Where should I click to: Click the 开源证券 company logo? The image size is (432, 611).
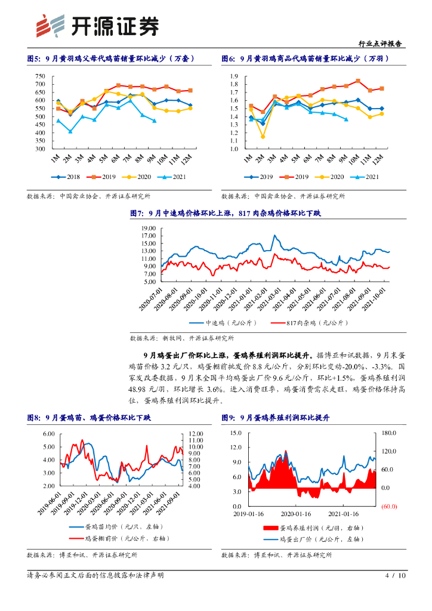98,25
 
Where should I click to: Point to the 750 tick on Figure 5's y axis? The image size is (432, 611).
41,76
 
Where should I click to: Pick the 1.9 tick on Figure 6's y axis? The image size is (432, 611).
234,76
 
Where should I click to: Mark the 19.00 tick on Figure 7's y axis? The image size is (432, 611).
149,229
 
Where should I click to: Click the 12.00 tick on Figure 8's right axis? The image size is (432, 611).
197,434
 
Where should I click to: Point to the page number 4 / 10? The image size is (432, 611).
396,576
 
